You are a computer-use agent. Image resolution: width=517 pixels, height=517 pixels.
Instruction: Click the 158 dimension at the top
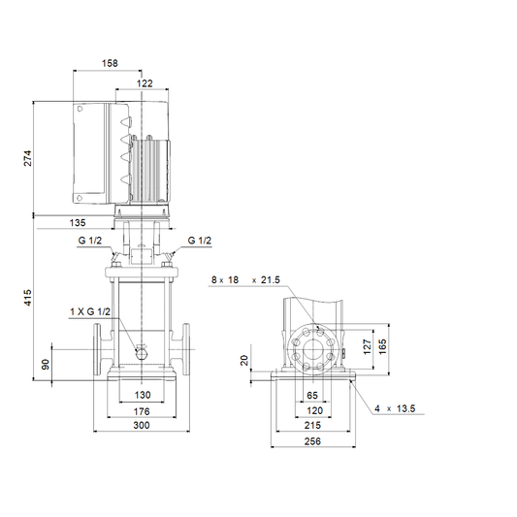coord(110,63)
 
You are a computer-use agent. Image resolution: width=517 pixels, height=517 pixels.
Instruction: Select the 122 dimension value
coord(145,83)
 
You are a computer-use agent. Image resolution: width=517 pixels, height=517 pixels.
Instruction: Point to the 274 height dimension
coord(28,158)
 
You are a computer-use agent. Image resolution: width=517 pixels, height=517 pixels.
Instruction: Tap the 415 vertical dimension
coord(28,298)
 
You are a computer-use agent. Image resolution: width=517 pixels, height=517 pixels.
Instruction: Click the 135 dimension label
coord(78,223)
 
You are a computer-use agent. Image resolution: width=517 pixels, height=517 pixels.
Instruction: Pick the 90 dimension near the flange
coord(46,364)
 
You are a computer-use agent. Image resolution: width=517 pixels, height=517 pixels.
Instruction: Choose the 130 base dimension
coord(143,395)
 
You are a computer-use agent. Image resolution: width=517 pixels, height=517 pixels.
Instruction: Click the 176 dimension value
coord(142,411)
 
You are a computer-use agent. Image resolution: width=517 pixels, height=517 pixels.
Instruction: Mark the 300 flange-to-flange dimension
coord(142,426)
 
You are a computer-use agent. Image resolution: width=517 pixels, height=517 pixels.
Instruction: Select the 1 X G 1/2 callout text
coord(90,311)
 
